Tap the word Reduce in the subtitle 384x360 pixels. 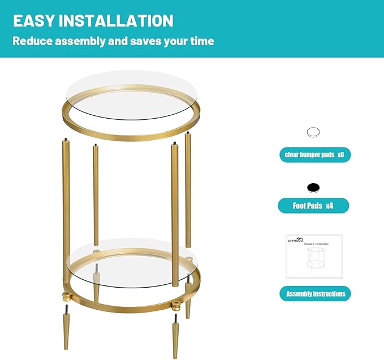(x=33, y=41)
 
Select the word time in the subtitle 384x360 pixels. (x=201, y=41)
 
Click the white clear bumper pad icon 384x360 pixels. (x=314, y=133)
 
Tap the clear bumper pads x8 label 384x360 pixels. (x=314, y=155)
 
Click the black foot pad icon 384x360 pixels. (x=314, y=188)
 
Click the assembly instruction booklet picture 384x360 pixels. (x=314, y=257)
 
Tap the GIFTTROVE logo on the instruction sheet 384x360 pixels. (x=295, y=240)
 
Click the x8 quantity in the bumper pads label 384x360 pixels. (x=340, y=155)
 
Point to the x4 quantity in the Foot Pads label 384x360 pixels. (x=329, y=206)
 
